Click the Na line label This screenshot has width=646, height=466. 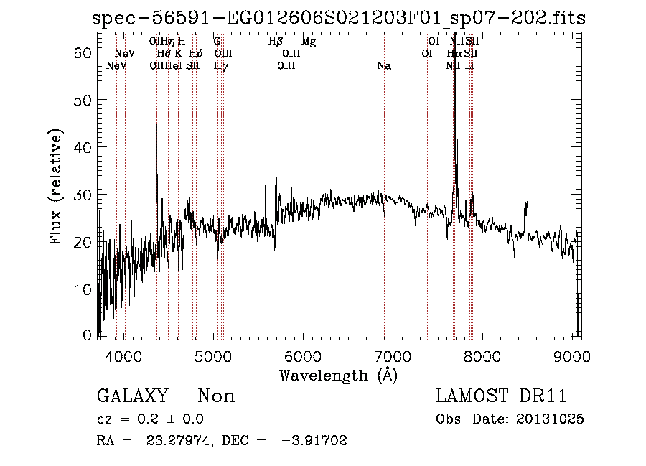(384, 66)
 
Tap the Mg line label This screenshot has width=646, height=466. (309, 42)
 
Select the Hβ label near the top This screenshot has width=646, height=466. (276, 42)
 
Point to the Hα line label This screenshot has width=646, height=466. (454, 54)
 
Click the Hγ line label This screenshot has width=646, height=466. (221, 66)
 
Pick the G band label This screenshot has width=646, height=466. (217, 42)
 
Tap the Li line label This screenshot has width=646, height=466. (469, 66)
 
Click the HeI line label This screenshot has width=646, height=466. (172, 66)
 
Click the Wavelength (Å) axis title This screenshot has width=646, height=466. (338, 375)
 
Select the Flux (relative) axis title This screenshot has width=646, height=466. (56, 187)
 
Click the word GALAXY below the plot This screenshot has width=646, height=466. (132, 396)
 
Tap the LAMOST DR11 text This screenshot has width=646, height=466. (500, 396)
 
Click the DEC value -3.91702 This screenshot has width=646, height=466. (315, 441)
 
